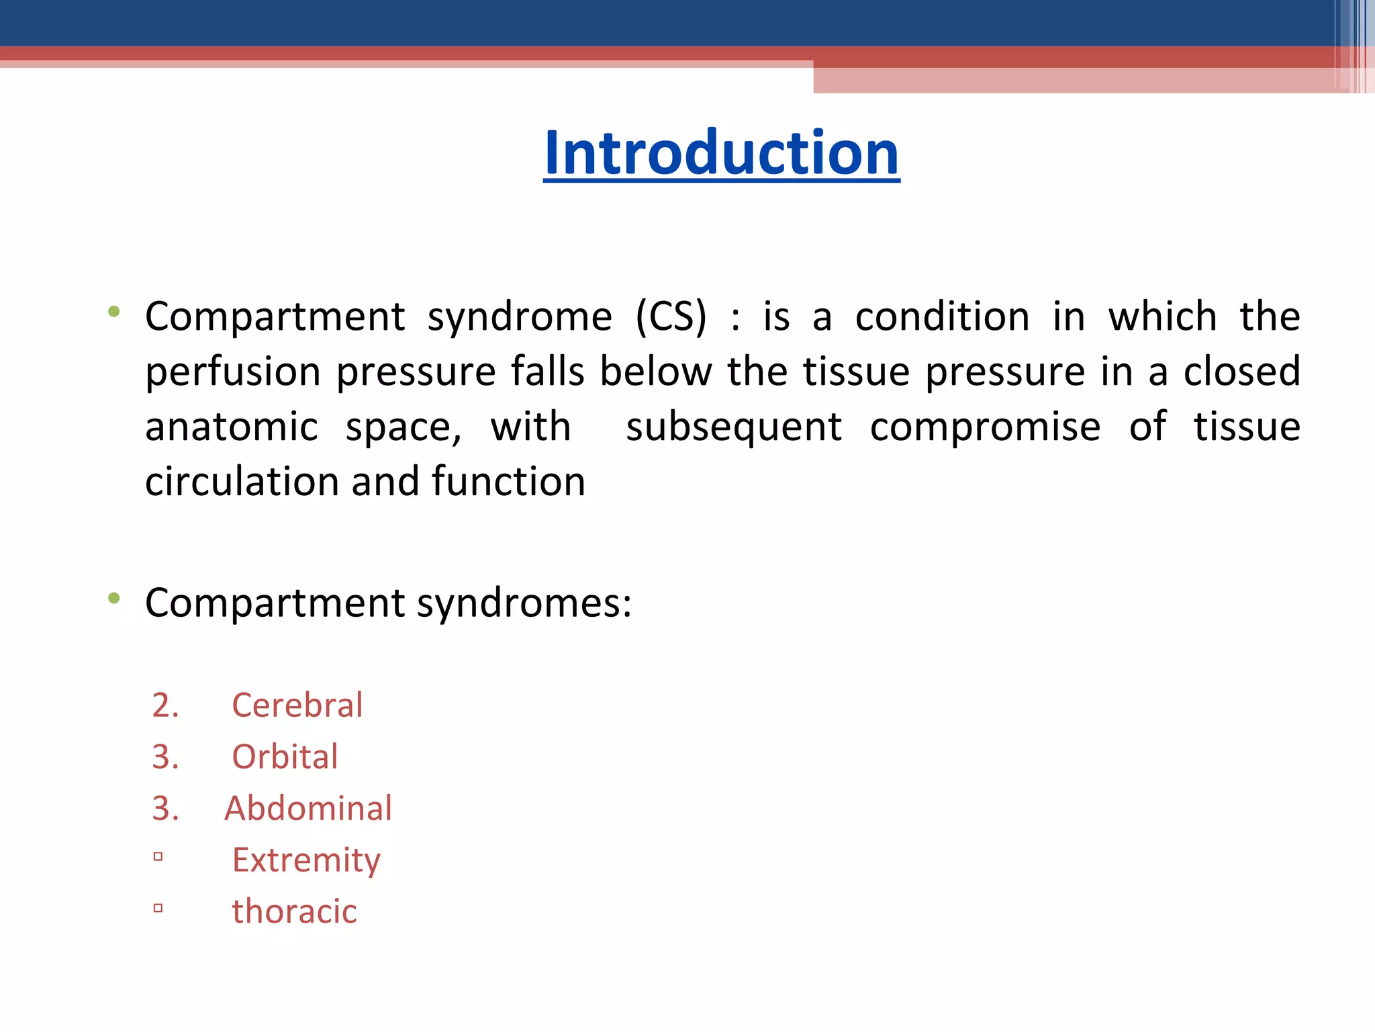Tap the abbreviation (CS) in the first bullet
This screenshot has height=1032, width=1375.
click(x=671, y=316)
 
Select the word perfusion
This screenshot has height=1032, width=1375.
click(x=233, y=372)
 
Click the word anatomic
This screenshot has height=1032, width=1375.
click(x=232, y=427)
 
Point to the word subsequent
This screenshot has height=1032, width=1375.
click(x=733, y=428)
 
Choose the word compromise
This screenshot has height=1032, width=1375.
click(x=985, y=427)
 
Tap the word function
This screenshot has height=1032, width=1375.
click(x=508, y=482)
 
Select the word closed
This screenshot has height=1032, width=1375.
click(x=1241, y=372)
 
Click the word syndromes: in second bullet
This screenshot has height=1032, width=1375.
click(x=524, y=603)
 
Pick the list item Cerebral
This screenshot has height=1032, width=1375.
click(x=297, y=705)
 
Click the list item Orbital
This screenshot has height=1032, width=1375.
click(x=285, y=757)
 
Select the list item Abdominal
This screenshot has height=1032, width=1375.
click(x=308, y=808)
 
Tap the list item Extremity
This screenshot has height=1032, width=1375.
click(x=306, y=861)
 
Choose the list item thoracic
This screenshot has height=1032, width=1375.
click(x=294, y=912)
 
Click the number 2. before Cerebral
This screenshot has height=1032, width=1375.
click(x=165, y=705)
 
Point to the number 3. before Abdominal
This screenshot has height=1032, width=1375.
click(x=165, y=808)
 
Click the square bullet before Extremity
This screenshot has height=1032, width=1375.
click(x=158, y=857)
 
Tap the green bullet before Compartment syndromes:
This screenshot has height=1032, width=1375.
click(x=114, y=597)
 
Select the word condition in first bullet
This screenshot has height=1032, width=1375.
click(x=942, y=316)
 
